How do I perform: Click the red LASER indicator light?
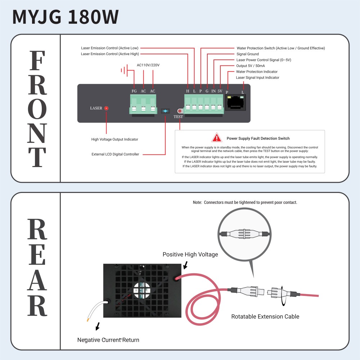click(x=106, y=108)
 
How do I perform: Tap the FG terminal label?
click(x=134, y=91)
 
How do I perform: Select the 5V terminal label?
click(x=220, y=91)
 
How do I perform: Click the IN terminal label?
click(x=213, y=91)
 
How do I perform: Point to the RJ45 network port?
click(x=235, y=103)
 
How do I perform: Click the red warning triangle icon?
click(x=216, y=138)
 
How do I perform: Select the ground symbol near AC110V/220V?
click(x=124, y=70)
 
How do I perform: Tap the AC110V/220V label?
click(x=148, y=65)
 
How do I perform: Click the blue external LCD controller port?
click(x=165, y=111)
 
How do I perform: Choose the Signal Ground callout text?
click(x=248, y=54)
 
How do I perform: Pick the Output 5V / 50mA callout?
click(x=251, y=66)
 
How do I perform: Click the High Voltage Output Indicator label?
click(x=114, y=139)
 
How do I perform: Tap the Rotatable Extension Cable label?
click(x=265, y=316)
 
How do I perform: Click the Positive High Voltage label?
click(x=190, y=255)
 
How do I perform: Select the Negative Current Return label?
click(x=108, y=340)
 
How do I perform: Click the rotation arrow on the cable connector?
click(x=283, y=296)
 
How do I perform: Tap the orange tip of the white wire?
click(x=88, y=319)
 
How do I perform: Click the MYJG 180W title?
click(x=66, y=17)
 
